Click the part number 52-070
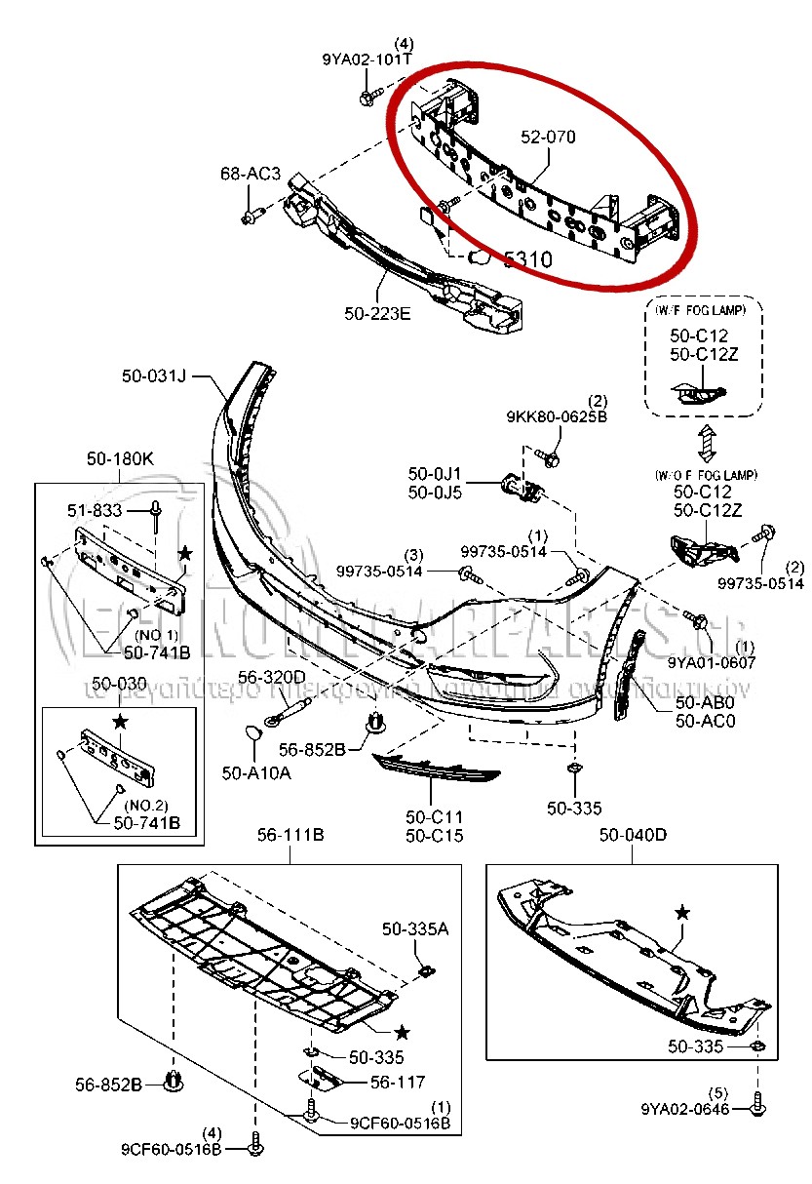[547, 138]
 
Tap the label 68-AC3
[250, 175]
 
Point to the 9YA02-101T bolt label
[367, 59]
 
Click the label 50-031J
[153, 375]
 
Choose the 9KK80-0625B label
[557, 417]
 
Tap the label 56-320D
[277, 677]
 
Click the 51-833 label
[95, 510]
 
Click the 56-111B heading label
[290, 836]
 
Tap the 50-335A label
[414, 929]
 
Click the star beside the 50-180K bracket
[185, 553]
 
